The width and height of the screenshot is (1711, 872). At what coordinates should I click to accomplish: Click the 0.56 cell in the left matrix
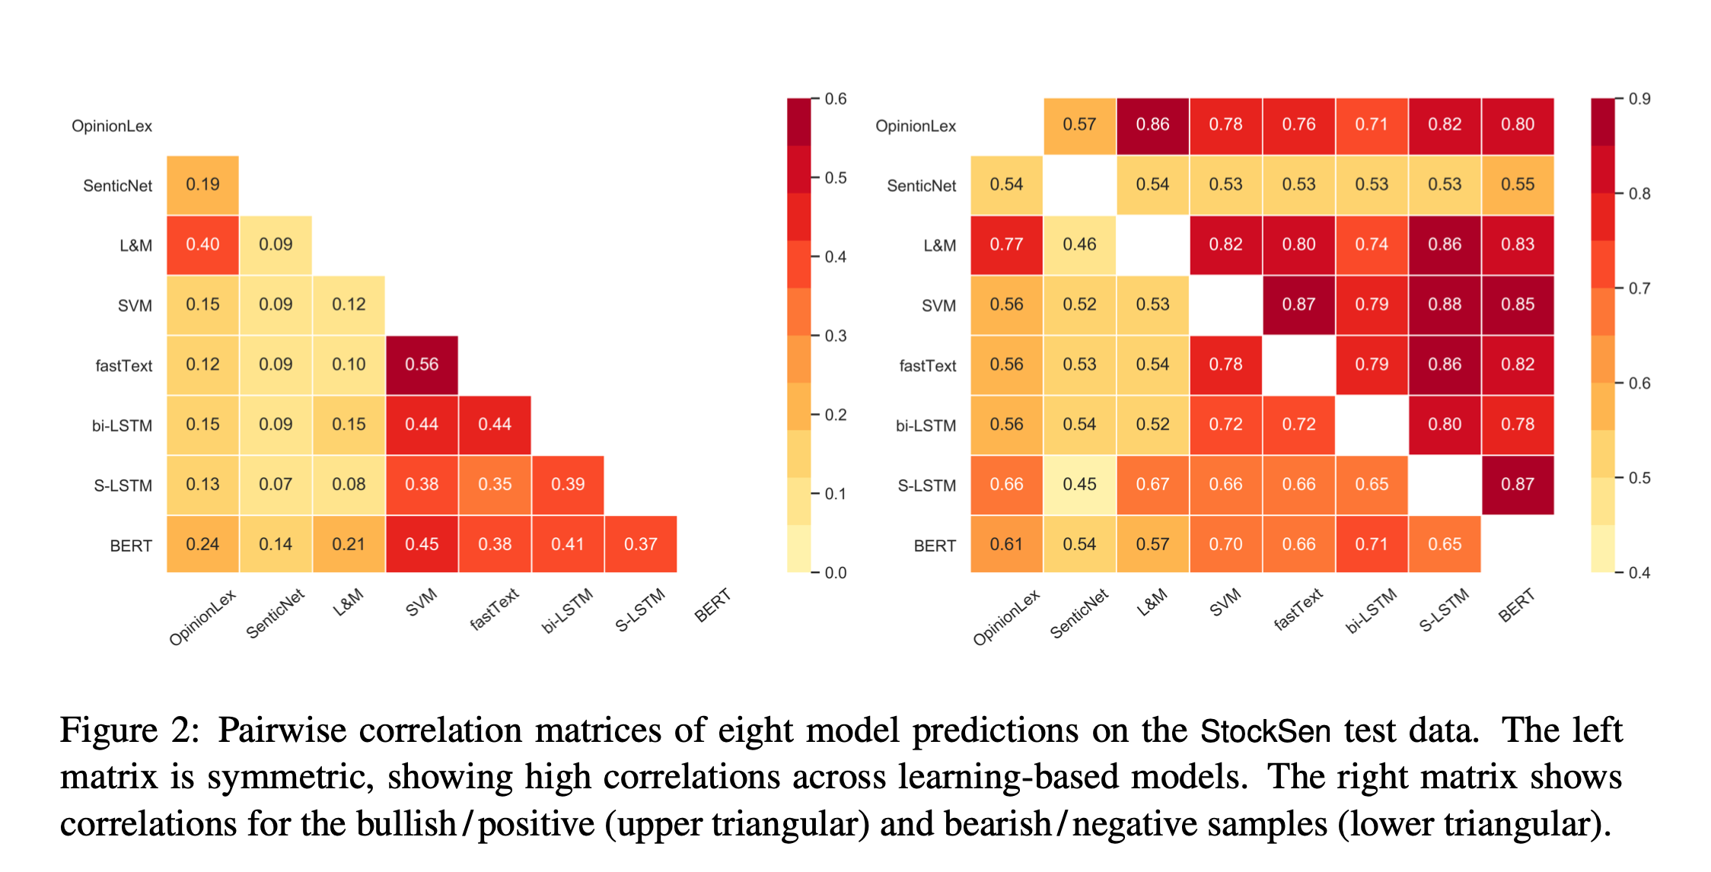[x=422, y=364]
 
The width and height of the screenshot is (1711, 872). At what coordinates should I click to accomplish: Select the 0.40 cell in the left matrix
[x=202, y=244]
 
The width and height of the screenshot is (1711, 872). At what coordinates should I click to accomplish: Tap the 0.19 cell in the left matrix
[x=202, y=184]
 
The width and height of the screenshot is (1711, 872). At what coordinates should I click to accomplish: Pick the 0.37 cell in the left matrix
[x=640, y=544]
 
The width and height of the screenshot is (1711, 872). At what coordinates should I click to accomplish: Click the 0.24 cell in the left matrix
[x=202, y=544]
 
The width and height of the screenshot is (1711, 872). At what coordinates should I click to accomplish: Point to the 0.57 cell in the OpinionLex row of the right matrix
[x=1079, y=125]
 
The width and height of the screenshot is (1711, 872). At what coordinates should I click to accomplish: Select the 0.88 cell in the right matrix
[x=1444, y=304]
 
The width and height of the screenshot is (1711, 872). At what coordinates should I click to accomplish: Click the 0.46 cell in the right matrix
[x=1079, y=244]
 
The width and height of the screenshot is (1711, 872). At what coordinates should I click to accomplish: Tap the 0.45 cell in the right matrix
[x=1079, y=484]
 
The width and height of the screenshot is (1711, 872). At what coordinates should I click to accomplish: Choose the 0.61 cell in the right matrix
[x=1006, y=544]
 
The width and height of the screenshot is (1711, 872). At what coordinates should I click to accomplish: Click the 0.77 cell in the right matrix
[x=1006, y=244]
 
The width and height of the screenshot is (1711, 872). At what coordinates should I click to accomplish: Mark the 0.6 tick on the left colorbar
[x=835, y=99]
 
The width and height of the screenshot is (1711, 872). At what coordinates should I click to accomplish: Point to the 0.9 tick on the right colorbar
[x=1639, y=99]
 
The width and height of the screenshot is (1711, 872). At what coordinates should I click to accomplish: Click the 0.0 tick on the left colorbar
[x=835, y=573]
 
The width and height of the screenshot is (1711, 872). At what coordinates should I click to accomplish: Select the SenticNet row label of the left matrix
[x=117, y=186]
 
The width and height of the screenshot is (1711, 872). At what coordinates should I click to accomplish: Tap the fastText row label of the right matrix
[x=927, y=366]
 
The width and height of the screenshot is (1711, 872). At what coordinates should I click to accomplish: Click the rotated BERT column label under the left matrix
[x=712, y=606]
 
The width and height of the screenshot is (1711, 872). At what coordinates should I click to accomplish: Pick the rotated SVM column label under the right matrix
[x=1225, y=603]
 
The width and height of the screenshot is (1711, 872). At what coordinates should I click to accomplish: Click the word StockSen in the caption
[x=1265, y=731]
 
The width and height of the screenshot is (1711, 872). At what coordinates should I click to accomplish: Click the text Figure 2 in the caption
[x=129, y=731]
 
